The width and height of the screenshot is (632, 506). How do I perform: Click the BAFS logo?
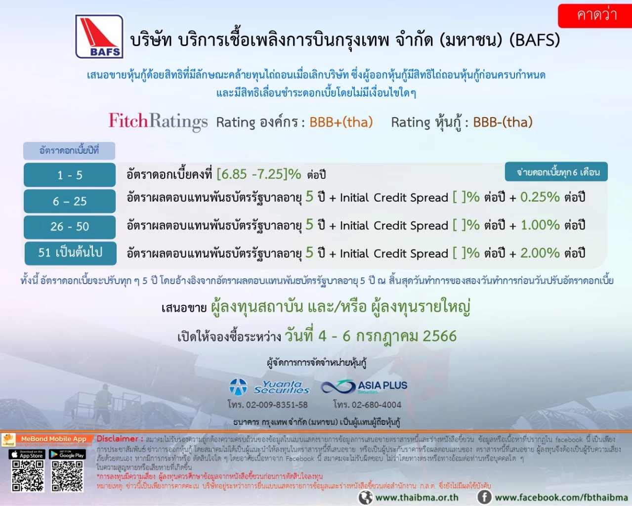99,37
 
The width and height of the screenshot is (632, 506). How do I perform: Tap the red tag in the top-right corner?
595,15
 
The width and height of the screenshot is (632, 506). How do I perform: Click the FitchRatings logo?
158,121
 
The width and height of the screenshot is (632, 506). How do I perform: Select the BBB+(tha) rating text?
341,122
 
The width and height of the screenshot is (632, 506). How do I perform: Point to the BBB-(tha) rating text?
503,122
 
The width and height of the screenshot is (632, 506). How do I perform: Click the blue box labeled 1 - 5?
70,175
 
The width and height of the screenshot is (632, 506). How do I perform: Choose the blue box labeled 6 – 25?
70,201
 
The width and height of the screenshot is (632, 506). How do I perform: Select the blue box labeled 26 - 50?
70,227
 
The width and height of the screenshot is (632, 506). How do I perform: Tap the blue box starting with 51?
70,253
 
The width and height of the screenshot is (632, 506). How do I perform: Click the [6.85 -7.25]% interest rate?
258,174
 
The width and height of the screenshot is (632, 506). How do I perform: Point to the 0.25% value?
540,197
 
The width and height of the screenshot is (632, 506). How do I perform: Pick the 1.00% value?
540,225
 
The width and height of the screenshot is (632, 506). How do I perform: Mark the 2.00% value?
540,253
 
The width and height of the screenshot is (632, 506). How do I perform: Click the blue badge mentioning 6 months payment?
556,172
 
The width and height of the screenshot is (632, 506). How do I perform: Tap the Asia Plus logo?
364,386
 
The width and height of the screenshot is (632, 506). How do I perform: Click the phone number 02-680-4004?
367,405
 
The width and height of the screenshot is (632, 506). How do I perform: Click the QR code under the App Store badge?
28,476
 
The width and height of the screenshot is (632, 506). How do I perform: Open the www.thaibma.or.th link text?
417,498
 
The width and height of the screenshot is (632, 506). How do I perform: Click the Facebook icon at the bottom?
484,497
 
